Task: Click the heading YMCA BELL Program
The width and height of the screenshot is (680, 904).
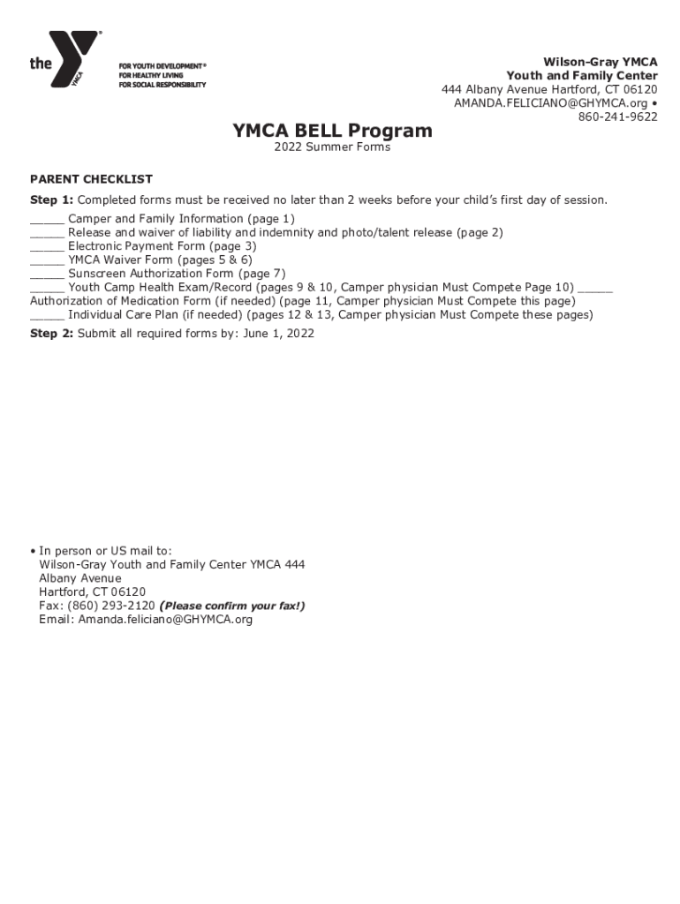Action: [332, 131]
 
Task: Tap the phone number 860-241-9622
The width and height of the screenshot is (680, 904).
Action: [617, 117]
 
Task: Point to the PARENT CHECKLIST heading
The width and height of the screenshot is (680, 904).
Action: [91, 179]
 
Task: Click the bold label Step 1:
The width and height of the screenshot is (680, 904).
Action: [51, 200]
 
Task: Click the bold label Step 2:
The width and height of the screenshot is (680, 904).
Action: [51, 334]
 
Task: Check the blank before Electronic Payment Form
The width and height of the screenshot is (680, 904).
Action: [47, 248]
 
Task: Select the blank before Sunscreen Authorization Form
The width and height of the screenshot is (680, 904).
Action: [47, 275]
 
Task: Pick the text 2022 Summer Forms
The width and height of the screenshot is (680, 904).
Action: [332, 147]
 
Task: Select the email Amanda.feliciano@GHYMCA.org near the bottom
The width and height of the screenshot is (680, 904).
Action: [165, 620]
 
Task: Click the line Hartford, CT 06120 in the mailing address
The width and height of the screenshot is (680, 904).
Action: [92, 591]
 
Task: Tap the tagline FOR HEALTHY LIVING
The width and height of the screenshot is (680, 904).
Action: [150, 76]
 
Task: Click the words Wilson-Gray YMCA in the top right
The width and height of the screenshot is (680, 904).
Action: [600, 62]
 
